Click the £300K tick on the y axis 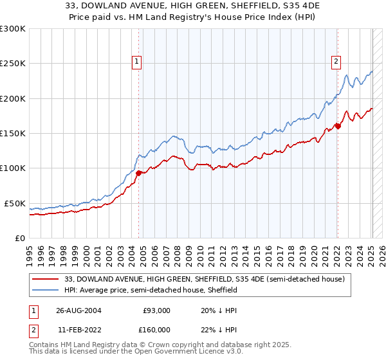[13, 29]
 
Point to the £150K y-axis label [13, 134]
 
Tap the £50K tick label [15, 203]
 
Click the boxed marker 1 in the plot [138, 62]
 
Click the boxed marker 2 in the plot [336, 62]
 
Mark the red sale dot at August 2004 [139, 172]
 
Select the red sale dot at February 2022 [338, 126]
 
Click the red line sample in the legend [46, 279]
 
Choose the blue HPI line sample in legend [46, 290]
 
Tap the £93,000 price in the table [156, 310]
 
